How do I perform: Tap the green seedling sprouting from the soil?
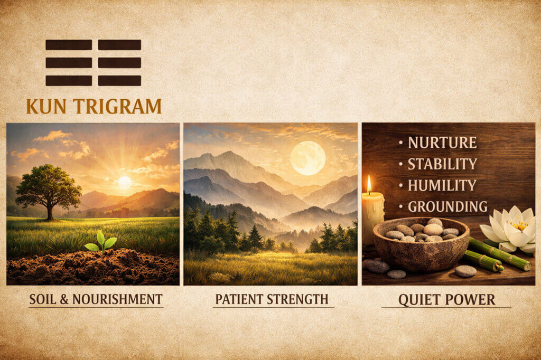(100, 241)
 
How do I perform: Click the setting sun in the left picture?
(124, 183)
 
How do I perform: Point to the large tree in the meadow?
(48, 187)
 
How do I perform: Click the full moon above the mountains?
(308, 158)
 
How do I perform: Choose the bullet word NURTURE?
(442, 143)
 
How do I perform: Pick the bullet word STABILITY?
(442, 164)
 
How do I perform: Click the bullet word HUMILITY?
(442, 185)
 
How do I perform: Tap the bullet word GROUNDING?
(447, 206)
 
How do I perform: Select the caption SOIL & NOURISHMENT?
(96, 299)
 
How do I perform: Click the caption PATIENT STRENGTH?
(271, 299)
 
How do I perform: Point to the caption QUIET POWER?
(446, 300)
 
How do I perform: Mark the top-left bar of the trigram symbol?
(69, 44)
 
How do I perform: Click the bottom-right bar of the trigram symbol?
(119, 81)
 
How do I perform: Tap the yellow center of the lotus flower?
(519, 226)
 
